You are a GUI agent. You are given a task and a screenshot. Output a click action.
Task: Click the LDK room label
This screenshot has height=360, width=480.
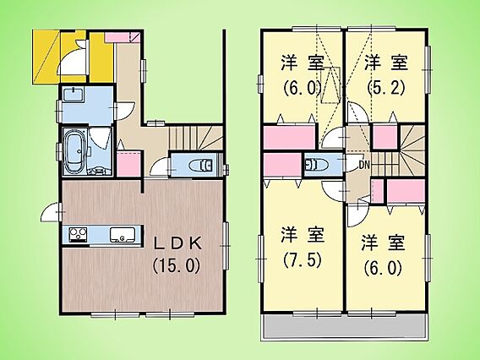pyautogui.click(x=177, y=244)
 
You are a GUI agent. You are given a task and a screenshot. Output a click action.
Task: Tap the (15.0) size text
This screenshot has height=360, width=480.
pyautogui.click(x=177, y=265)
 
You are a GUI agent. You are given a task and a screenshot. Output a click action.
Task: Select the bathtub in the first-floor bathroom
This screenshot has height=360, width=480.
pyautogui.click(x=75, y=151)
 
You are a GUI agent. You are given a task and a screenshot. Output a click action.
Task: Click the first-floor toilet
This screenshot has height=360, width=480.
pyautogui.click(x=201, y=166)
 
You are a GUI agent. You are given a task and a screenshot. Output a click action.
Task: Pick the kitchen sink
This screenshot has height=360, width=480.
pyautogui.click(x=123, y=235)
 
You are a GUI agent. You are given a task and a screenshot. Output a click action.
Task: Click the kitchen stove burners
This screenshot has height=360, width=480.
pyautogui.click(x=79, y=234)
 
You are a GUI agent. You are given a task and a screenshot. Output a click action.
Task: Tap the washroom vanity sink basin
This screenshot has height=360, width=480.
pyautogui.click(x=74, y=94)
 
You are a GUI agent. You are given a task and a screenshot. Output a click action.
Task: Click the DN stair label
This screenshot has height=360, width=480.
pyautogui.click(x=364, y=166)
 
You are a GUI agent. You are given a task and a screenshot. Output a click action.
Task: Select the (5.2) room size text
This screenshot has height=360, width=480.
pyautogui.click(x=386, y=88)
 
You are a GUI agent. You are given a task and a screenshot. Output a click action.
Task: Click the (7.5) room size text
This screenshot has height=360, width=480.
pyautogui.click(x=303, y=260)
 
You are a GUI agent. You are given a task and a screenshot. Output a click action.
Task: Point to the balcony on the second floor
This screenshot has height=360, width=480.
pyautogui.click(x=344, y=326)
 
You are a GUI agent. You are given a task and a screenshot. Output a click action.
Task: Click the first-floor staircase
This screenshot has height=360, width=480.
pyautogui.click(x=196, y=138)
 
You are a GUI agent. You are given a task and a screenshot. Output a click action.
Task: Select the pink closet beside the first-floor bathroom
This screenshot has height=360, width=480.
pyautogui.click(x=128, y=164)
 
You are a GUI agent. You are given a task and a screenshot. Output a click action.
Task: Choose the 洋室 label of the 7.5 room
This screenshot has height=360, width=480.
pyautogui.click(x=303, y=235)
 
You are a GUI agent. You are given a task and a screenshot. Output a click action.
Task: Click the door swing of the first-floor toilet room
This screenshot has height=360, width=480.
pyautogui.click(x=159, y=168)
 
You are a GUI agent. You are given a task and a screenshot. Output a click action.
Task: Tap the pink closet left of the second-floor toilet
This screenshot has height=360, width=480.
pyautogui.click(x=282, y=165)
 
